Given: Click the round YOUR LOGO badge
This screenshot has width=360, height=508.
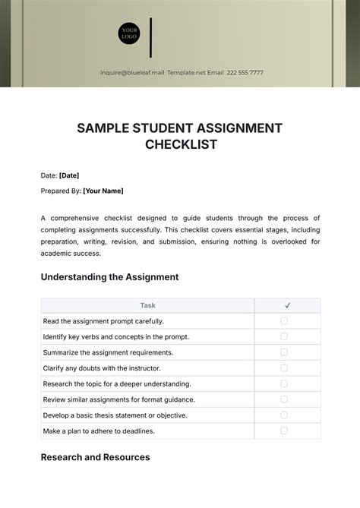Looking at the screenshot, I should click(x=128, y=34).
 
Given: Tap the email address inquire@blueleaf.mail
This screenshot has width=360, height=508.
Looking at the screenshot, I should click(x=132, y=73).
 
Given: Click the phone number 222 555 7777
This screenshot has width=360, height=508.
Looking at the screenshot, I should click(x=246, y=73).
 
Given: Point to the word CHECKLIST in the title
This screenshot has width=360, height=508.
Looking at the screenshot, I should click(x=180, y=144).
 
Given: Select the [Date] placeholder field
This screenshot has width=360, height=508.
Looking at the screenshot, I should click(x=68, y=175).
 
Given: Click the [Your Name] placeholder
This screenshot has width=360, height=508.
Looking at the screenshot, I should click(x=103, y=191).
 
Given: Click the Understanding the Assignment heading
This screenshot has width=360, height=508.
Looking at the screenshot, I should click(x=109, y=277).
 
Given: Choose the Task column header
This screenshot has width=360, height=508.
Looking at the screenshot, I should click(x=147, y=305).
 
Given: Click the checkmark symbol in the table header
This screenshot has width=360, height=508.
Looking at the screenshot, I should click(x=287, y=305).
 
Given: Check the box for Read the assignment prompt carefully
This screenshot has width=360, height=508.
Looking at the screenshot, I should click(x=284, y=321).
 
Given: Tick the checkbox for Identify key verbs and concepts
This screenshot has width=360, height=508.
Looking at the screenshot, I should click(x=284, y=336).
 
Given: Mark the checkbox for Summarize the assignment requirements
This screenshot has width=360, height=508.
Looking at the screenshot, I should click(x=284, y=352).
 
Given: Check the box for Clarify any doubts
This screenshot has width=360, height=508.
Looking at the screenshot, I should click(x=284, y=368).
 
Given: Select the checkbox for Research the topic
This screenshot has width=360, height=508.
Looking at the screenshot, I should click(x=284, y=383).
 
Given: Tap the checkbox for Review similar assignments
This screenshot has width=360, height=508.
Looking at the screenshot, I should click(x=284, y=399).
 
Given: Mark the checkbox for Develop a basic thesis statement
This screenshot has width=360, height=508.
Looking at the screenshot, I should click(x=284, y=415).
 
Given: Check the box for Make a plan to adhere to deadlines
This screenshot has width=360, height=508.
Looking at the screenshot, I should click(x=284, y=431).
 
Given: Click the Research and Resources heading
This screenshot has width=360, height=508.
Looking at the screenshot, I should click(x=95, y=457).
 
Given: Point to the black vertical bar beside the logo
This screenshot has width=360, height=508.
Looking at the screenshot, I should click(x=151, y=36).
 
